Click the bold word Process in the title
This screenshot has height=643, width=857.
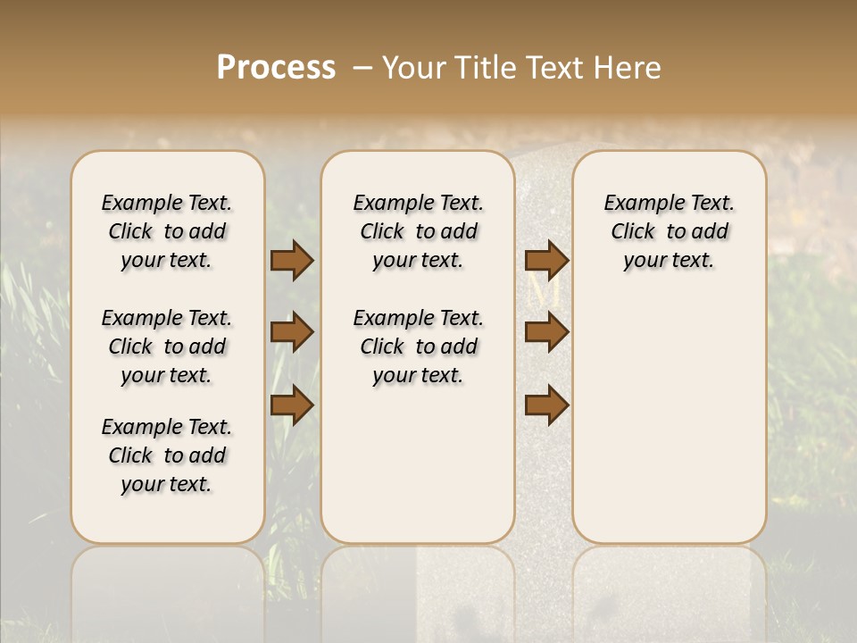coord(276,68)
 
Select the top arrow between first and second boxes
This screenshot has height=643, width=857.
coord(292,260)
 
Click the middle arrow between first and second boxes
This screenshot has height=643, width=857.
coord(292,332)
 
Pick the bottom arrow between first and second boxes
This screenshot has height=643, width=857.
coord(292,405)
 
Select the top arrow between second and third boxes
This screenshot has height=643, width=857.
coord(546,260)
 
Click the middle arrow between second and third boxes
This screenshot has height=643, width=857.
coord(546,332)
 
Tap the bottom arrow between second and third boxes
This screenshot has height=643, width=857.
coord(546,405)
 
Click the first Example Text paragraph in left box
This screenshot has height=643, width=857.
coord(167,231)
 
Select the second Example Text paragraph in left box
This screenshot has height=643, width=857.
coord(167,347)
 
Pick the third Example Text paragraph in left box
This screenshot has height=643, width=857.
coord(167,455)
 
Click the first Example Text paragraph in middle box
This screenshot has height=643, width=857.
coord(418,231)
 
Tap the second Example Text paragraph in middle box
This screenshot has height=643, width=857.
coord(418,347)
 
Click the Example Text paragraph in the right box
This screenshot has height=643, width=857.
coord(669,231)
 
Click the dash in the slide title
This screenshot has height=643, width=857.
coord(362,69)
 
